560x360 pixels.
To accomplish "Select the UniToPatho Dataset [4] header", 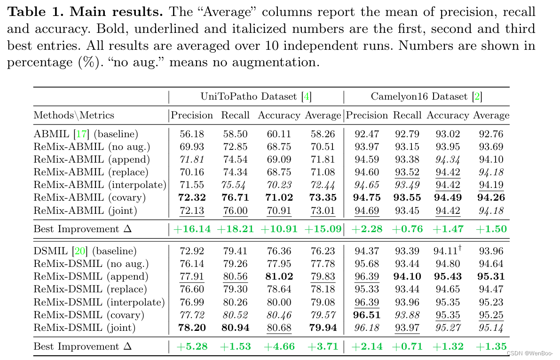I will point(256,97).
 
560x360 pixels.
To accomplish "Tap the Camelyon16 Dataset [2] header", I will point(426,97).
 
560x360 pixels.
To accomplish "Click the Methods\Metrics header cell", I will point(74,115).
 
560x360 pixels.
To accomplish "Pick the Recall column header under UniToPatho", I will point(235,115).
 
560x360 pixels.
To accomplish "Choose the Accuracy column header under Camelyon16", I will point(448,115).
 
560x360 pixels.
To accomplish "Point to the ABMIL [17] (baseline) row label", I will point(86,134).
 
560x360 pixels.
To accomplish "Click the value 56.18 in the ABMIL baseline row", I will point(192,134).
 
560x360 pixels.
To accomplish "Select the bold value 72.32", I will point(192,198).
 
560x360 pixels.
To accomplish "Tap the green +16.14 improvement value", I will point(192,229).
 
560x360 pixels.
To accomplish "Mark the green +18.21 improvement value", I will point(235,229).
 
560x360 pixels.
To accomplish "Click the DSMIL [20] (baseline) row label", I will point(85,251).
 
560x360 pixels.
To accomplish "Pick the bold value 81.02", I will point(279,276).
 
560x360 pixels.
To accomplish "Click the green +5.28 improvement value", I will point(192,347).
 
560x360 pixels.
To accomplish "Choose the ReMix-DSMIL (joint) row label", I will point(85,328).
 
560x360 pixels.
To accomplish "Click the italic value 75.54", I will point(235,185).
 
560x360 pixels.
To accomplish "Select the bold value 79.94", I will point(323,328).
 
